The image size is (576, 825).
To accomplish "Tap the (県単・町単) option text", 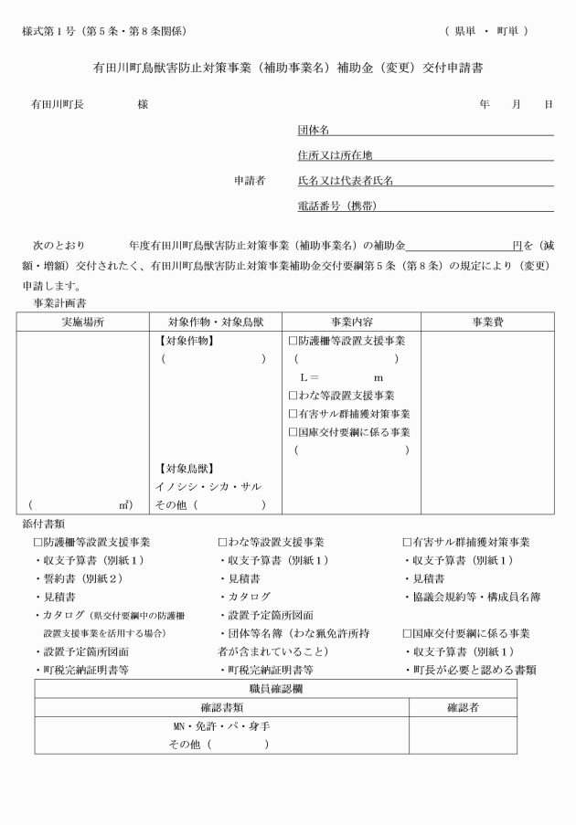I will (x=486, y=32).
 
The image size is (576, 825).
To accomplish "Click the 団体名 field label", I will (x=314, y=130).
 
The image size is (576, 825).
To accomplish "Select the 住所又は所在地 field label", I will (x=335, y=155).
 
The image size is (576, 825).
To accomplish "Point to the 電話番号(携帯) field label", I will (x=337, y=206).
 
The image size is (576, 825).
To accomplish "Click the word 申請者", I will (x=250, y=181).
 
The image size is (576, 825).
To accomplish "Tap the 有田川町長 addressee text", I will (x=58, y=104).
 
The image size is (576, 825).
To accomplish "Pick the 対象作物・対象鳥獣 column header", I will (x=215, y=323).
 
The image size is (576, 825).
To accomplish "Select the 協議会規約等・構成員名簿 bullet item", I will (x=475, y=597).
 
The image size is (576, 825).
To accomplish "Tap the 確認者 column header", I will (x=463, y=706).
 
